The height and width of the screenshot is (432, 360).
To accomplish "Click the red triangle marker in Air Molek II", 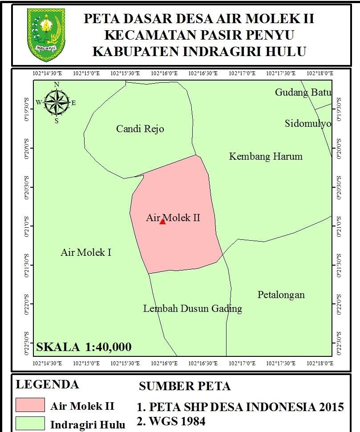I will click(162, 221).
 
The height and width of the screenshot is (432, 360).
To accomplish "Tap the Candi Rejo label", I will click(140, 129).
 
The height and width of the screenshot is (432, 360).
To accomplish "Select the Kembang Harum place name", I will click(266, 157).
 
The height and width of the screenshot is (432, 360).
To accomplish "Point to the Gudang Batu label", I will click(303, 93).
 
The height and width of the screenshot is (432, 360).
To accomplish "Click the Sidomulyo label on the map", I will click(308, 124).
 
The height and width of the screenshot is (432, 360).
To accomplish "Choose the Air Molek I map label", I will click(86, 253).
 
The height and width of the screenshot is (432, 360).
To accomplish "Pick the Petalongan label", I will click(281, 295).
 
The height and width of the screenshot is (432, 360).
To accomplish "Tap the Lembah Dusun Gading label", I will click(193, 309).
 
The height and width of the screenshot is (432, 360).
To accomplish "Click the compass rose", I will click(57, 103).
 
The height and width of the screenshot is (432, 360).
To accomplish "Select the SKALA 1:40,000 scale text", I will click(84, 347).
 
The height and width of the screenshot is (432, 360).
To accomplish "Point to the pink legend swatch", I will click(30, 405).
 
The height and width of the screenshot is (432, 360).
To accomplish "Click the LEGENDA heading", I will click(47, 384).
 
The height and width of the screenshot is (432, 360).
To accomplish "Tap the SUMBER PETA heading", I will click(185, 386).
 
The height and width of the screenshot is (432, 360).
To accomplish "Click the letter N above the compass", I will click(57, 85).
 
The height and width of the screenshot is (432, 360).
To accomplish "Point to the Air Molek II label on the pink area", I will click(173, 218).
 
